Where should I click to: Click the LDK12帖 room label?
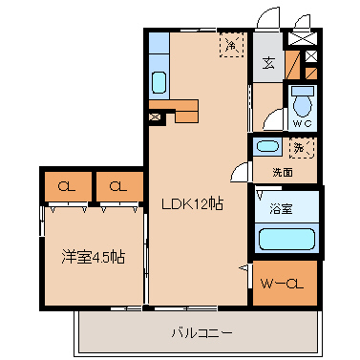(192, 204)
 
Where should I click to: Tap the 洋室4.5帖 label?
(94, 257)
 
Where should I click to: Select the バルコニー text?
(201, 333)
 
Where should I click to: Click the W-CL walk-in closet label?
(282, 284)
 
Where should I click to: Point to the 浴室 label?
(281, 208)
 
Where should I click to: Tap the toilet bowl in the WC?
(303, 103)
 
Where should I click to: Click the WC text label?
(303, 123)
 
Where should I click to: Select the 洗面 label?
(283, 173)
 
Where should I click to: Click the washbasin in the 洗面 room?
(267, 147)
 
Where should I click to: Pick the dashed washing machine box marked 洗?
(302, 148)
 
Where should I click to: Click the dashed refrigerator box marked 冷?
(231, 45)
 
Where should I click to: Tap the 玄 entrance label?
(268, 63)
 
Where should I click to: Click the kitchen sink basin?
(159, 82)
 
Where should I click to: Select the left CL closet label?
(67, 186)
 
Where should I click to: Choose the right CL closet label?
(118, 186)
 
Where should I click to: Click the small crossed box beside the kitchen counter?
(156, 116)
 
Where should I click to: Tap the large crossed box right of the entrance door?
(302, 38)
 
